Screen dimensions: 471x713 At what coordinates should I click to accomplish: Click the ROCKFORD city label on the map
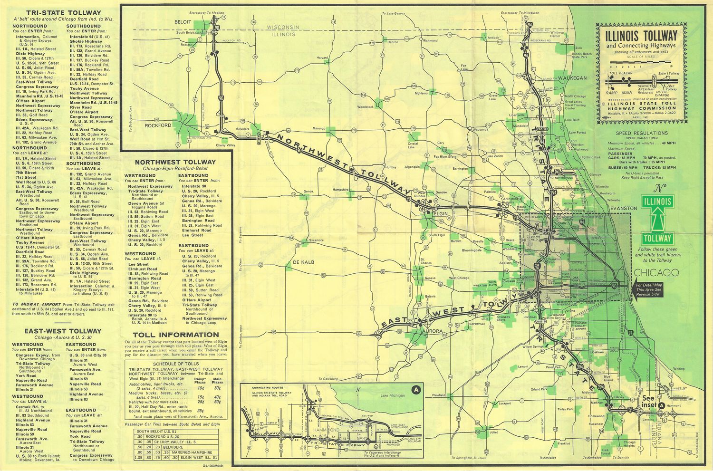pyautogui.click(x=159, y=125)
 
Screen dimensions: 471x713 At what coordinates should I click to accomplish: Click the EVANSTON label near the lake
pyautogui.click(x=624, y=208)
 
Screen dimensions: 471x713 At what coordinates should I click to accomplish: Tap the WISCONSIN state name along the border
pyautogui.click(x=283, y=28)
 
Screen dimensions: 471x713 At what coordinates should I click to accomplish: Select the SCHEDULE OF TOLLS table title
pyautogui.click(x=175, y=364)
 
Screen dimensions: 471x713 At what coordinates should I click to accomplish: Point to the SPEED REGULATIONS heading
pyautogui.click(x=642, y=133)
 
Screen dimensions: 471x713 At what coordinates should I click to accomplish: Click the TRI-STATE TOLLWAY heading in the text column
pyautogui.click(x=57, y=12)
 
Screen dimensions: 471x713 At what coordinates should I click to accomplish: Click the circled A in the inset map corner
pyautogui.click(x=416, y=390)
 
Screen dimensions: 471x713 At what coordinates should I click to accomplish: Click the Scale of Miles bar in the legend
pyautogui.click(x=640, y=62)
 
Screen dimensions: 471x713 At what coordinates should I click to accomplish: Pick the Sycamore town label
pyautogui.click(x=316, y=240)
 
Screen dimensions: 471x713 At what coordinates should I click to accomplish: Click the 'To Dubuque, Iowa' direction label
pyautogui.click(x=130, y=114)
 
